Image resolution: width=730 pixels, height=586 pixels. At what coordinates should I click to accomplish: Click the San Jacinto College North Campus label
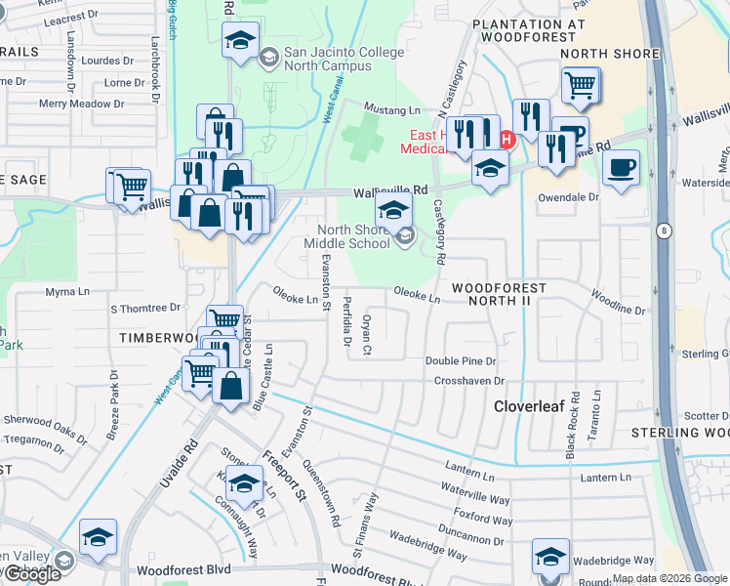[327, 59]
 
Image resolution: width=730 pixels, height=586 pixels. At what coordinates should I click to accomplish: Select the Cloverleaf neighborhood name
[529, 405]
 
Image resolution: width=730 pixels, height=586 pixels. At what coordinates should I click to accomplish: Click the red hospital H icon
[506, 140]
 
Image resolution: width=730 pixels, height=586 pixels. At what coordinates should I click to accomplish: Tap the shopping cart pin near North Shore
[580, 85]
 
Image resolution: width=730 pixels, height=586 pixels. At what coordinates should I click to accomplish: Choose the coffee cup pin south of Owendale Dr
[622, 168]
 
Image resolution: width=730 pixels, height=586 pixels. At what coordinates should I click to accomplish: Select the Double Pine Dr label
[461, 361]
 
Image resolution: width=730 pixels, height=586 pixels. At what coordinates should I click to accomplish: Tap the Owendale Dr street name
[568, 197]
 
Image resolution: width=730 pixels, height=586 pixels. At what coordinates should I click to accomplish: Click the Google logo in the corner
[32, 574]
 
